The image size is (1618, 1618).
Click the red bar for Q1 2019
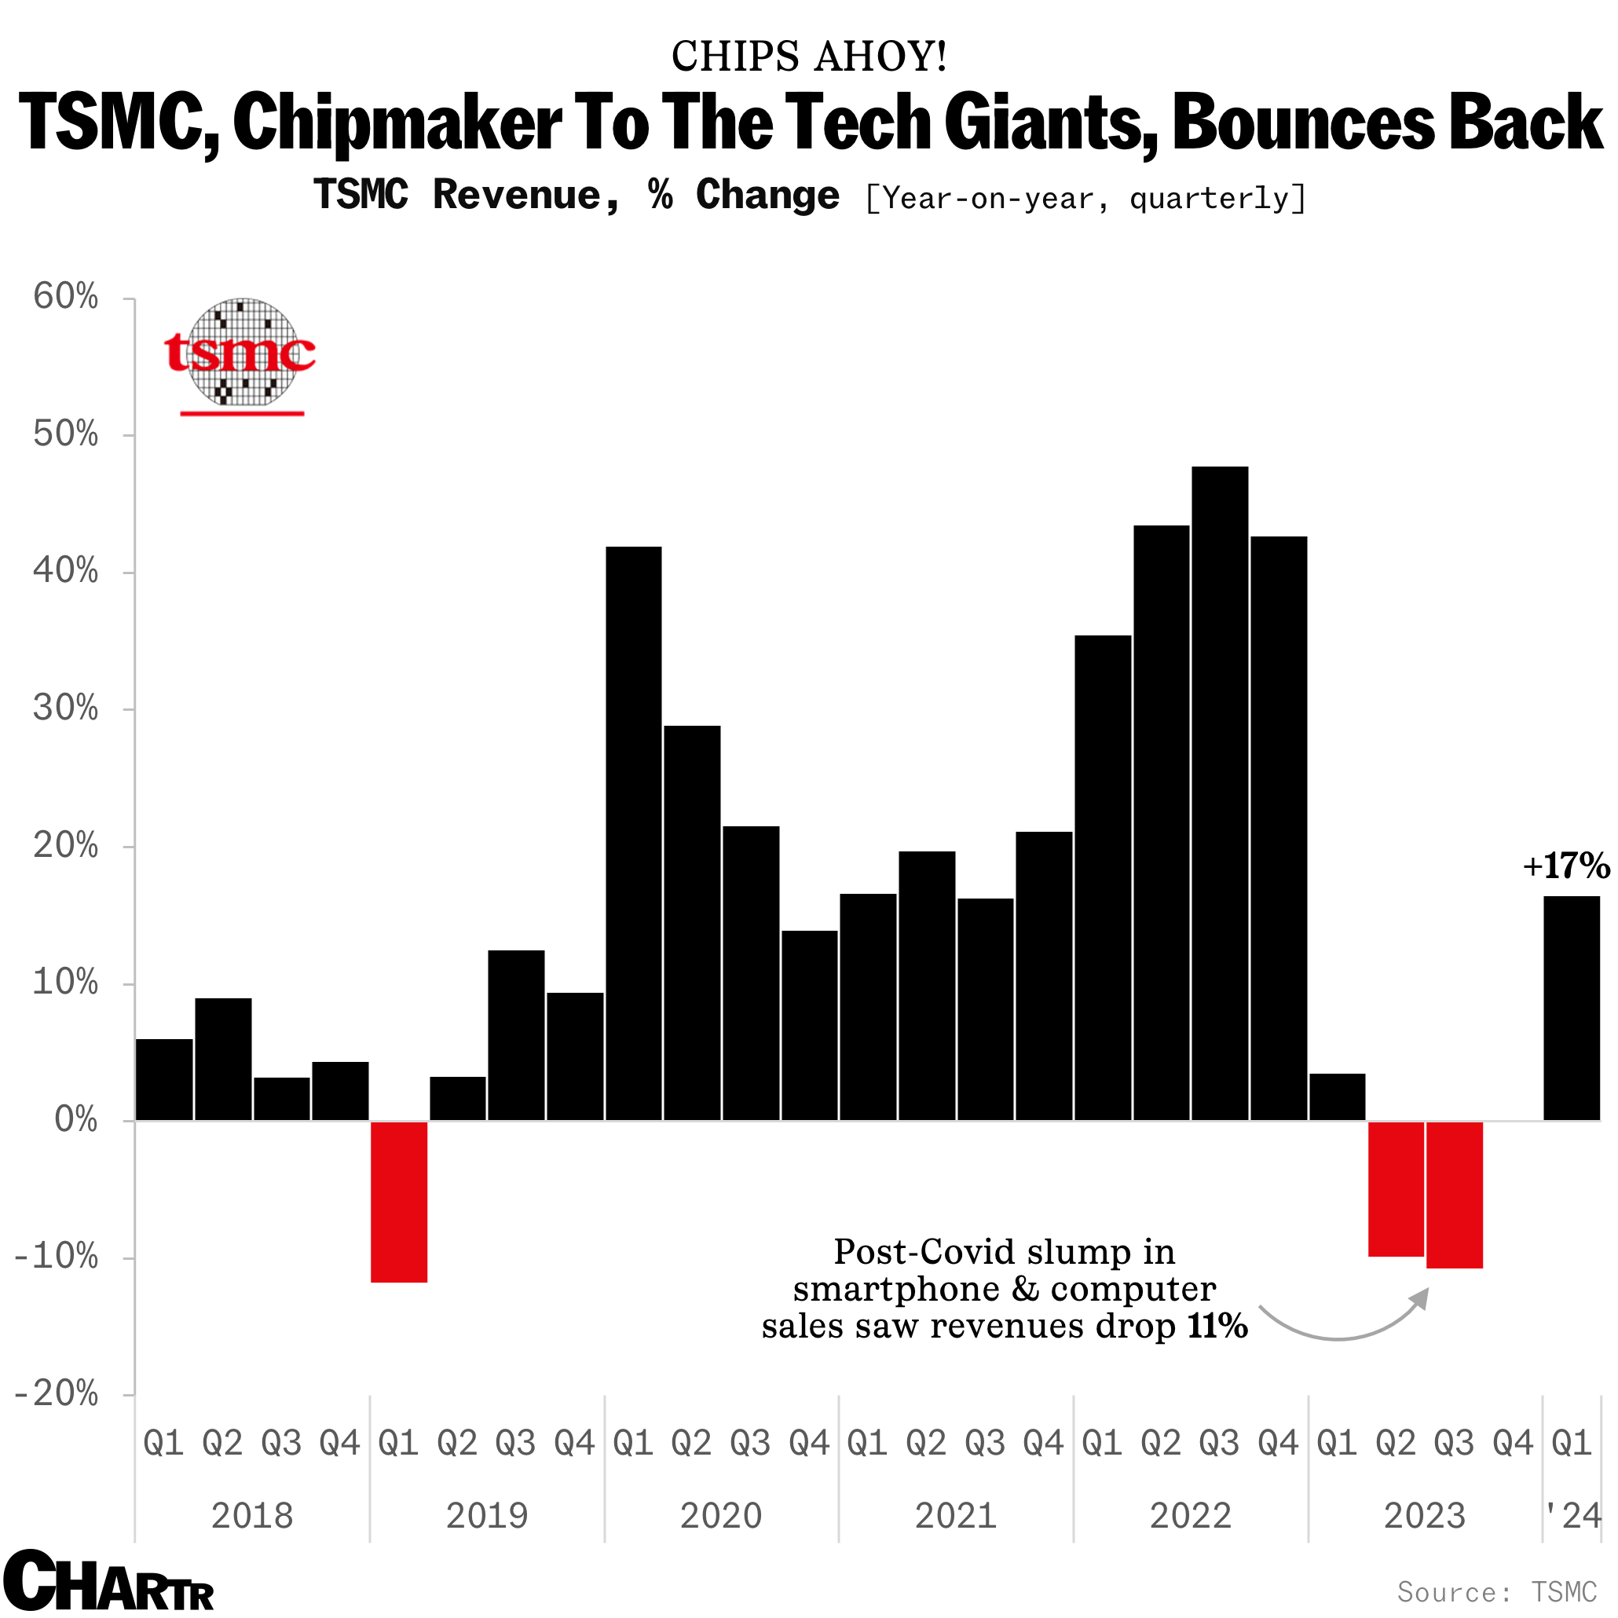pos(399,1201)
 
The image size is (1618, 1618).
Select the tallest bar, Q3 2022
pos(1219,793)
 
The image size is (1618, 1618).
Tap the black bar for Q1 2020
pos(633,833)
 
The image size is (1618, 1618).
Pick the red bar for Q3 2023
pos(1454,1194)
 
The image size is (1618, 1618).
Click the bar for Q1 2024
pos(1571,1009)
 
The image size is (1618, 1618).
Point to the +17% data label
pos(1565,866)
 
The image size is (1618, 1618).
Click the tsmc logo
pos(241,353)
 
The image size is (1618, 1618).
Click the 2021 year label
pos(956,1516)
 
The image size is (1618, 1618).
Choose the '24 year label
pos(1572,1516)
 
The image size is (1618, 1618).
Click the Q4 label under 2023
pos(1513,1443)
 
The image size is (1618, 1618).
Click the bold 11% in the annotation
pos(1217,1326)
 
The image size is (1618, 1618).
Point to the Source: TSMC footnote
pos(1497,1591)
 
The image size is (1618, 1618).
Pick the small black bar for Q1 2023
pos(1337,1096)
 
